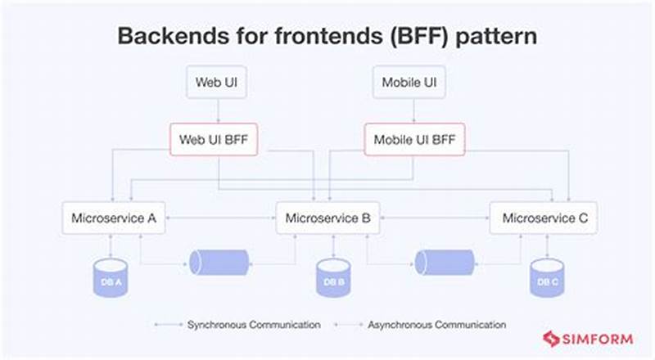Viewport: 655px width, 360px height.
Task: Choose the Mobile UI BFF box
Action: [x=414, y=139]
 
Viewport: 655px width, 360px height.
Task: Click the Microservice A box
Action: [x=114, y=218]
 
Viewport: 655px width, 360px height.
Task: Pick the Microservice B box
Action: [x=327, y=218]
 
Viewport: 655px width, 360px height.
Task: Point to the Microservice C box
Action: [x=544, y=218]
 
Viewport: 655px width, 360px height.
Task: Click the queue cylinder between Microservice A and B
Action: [x=219, y=262]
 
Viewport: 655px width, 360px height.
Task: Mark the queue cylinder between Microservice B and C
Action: [x=444, y=262]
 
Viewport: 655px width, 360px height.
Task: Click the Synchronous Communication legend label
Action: [x=253, y=325]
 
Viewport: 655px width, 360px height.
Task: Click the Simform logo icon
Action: [x=551, y=339]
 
